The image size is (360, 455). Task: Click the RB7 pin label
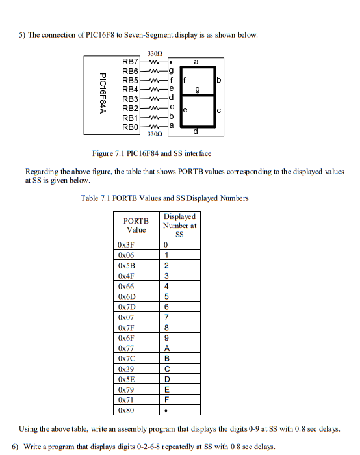click(x=131, y=60)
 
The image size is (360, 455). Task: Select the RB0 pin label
click(x=131, y=127)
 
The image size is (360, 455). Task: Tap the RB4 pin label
click(x=131, y=88)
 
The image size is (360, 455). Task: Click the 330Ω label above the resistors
click(x=155, y=51)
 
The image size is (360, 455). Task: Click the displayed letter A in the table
click(x=167, y=348)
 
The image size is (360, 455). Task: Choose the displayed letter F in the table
click(x=167, y=400)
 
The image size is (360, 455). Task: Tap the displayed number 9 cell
click(x=167, y=338)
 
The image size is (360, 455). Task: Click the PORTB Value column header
click(x=136, y=225)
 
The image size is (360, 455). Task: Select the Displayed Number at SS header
click(x=180, y=225)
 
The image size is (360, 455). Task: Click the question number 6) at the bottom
click(x=16, y=446)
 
